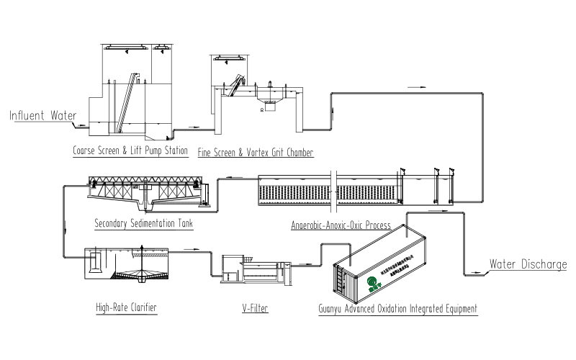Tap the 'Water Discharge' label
coord(528,264)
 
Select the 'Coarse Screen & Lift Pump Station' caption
coord(130,151)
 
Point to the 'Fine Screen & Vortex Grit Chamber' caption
coord(256,153)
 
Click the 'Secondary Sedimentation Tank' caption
coord(143,222)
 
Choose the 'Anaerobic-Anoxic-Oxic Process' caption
coord(340,225)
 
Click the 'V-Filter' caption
coord(251,308)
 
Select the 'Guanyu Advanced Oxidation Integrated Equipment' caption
coord(398,309)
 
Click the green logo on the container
coord(372,282)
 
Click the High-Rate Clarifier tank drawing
coord(130,266)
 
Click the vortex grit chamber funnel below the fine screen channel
coord(270,105)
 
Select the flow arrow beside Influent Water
coord(82,125)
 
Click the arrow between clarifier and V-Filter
coord(194,249)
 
